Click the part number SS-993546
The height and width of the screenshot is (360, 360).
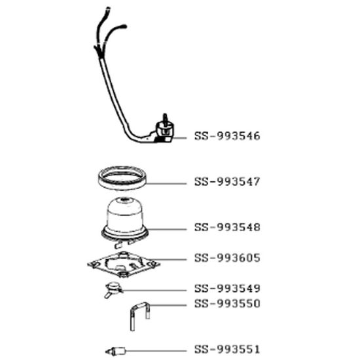point(227,137)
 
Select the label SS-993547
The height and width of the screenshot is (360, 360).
point(227,181)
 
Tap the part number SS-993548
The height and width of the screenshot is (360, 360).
point(227,228)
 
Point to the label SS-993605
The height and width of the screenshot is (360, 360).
point(227,258)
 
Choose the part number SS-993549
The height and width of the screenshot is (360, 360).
point(227,288)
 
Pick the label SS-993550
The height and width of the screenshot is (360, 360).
point(227,304)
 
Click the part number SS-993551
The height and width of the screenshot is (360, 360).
point(227,349)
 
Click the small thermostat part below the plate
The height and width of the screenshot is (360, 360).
point(114,287)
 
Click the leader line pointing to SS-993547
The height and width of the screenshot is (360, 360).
point(167,181)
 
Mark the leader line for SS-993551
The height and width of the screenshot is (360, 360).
point(157,349)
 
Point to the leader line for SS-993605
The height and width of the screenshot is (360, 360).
point(173,259)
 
